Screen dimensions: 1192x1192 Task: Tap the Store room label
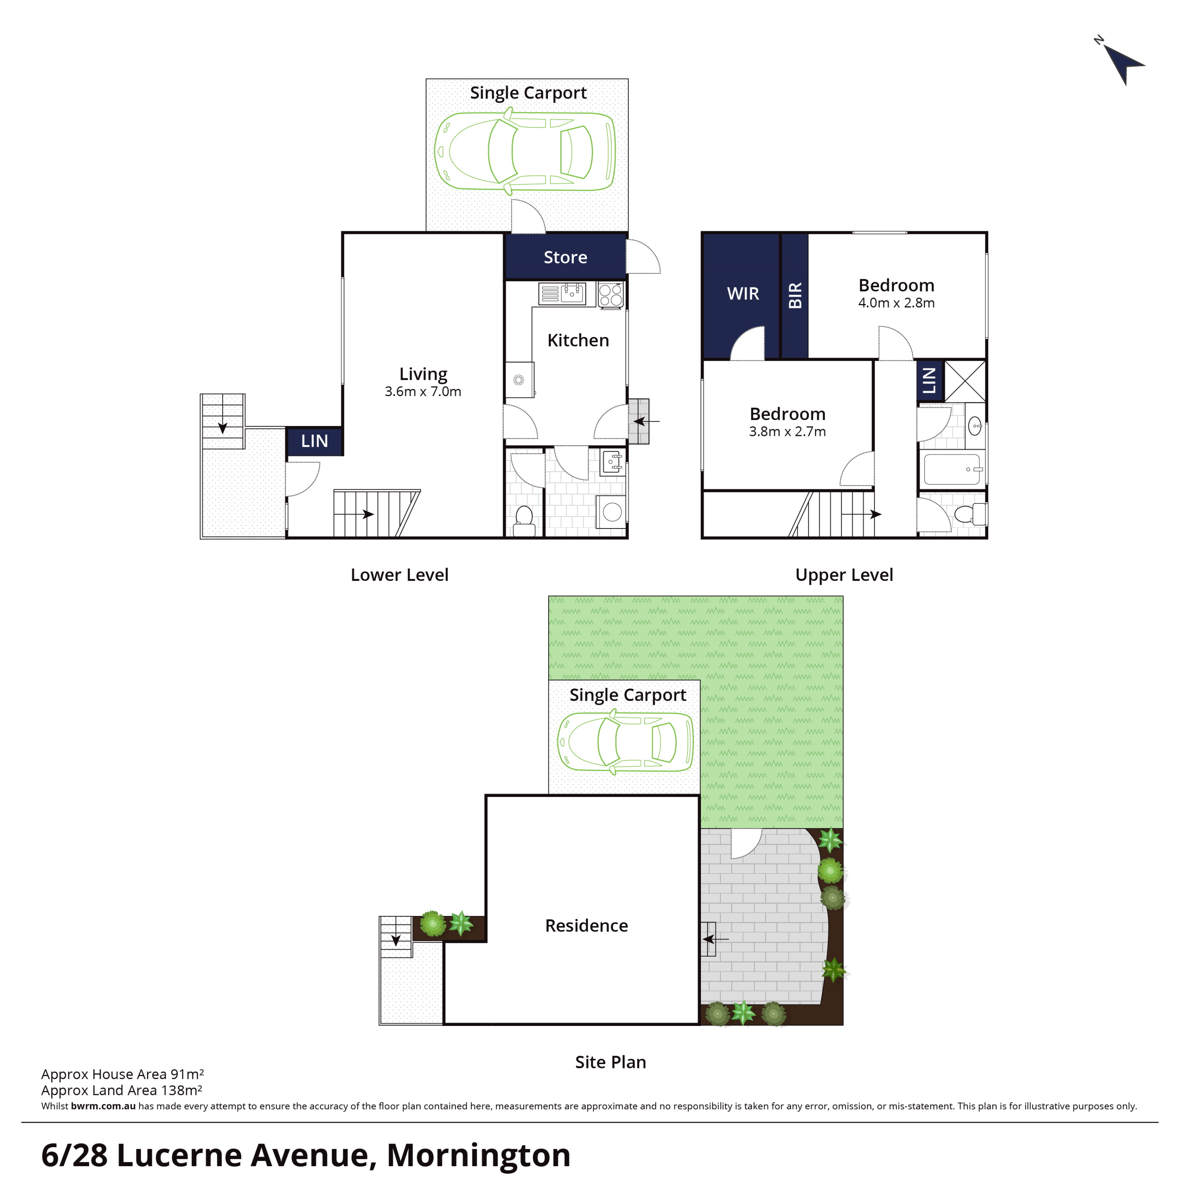565,257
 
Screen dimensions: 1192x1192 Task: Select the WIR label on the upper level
743,294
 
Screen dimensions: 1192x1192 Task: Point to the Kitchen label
578,340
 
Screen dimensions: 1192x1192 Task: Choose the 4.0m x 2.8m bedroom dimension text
896,303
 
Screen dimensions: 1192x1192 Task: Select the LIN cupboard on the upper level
930,381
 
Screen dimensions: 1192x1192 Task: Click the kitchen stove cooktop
610,295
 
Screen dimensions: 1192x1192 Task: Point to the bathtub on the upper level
951,470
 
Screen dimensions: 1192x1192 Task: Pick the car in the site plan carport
625,741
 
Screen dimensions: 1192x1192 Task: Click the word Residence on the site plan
586,925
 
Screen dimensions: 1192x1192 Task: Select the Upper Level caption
844,575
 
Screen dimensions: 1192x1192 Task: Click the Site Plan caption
610,1062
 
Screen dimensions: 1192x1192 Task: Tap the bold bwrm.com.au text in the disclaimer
103,1106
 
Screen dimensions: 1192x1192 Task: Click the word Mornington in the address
478,1155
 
